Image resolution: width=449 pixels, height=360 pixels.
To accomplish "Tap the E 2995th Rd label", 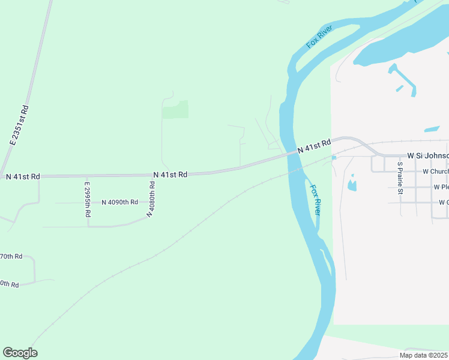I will (x=87, y=199).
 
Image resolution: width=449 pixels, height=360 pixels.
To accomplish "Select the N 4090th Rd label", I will (x=119, y=202).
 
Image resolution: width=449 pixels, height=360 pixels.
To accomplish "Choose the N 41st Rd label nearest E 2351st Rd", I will (x=23, y=176).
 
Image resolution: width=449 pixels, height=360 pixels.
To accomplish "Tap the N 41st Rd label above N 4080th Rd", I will (x=170, y=174).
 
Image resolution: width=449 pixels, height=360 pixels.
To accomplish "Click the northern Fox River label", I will (x=319, y=37).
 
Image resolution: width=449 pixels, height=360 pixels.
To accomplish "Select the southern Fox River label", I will (x=315, y=199).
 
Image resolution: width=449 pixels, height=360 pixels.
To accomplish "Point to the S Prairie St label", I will (x=400, y=178).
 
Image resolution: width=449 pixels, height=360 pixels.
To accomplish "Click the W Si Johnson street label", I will (x=427, y=155).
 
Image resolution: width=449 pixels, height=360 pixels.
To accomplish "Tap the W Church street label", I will (x=435, y=171).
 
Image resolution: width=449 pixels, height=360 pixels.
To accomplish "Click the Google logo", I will (x=20, y=353).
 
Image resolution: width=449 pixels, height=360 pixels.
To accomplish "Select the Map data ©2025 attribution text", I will (x=423, y=355).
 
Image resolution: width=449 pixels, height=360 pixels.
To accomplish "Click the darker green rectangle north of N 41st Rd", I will (x=175, y=109).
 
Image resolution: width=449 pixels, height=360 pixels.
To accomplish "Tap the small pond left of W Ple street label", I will (x=352, y=184).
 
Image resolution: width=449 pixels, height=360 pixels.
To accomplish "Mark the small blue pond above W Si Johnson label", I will (x=432, y=128).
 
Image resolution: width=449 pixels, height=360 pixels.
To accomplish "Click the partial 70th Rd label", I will (x=11, y=256).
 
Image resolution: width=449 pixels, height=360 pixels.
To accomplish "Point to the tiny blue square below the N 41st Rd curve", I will (x=334, y=158).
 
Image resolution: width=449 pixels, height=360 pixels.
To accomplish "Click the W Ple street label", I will (x=440, y=187).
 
